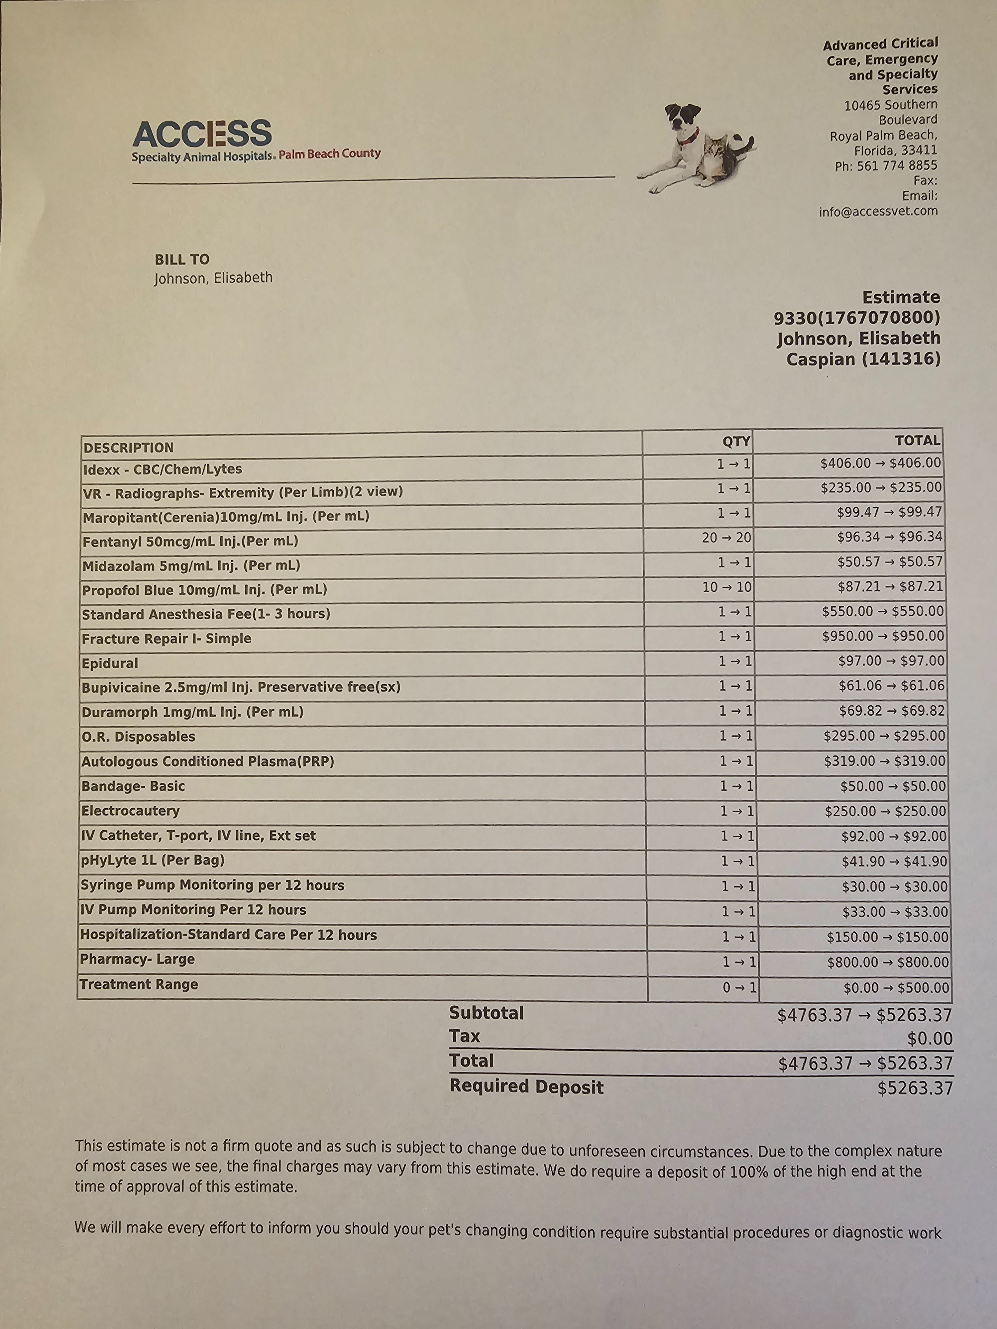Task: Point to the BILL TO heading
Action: click(x=182, y=259)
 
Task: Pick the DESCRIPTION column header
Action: click(x=129, y=448)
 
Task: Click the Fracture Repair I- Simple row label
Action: click(x=166, y=639)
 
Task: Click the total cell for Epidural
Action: click(x=891, y=661)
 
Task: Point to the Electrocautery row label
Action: click(x=130, y=811)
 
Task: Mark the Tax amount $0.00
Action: click(x=930, y=1039)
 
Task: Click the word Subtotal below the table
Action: click(x=487, y=1014)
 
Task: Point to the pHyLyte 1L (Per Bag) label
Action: click(x=153, y=861)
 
